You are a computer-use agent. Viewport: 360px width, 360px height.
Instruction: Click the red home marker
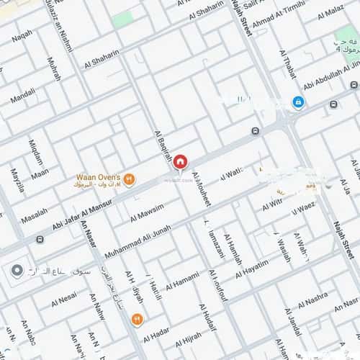click(x=180, y=162)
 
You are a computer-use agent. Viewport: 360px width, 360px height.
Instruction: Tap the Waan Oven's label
click(x=99, y=176)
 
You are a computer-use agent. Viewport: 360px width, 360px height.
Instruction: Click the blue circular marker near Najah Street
click(x=297, y=102)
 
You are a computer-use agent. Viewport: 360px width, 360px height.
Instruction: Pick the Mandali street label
click(x=24, y=94)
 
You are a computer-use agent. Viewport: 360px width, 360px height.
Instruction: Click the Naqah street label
click(x=22, y=34)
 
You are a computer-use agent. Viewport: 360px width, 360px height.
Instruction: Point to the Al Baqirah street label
click(x=163, y=147)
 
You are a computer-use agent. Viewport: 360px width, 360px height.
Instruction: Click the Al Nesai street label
click(x=64, y=297)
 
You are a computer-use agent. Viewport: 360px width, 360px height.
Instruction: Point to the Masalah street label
click(x=35, y=215)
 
